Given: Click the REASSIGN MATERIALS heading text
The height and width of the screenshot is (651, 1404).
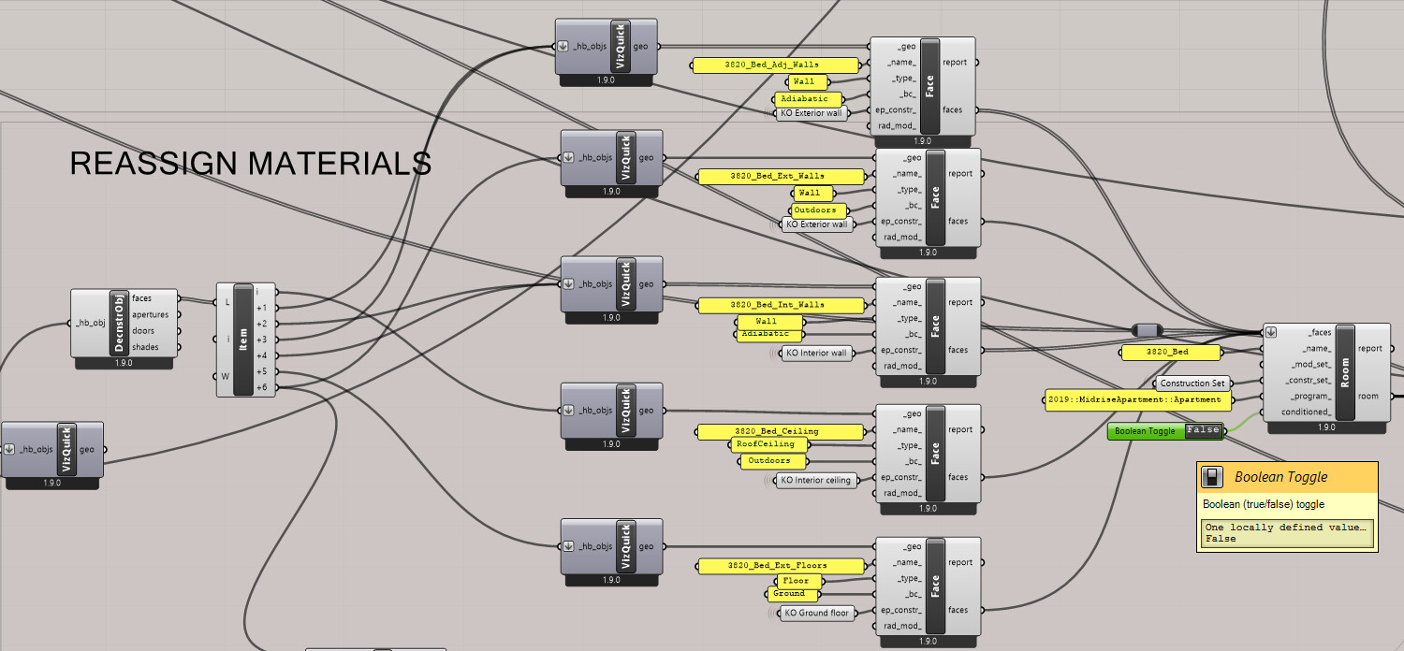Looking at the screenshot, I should [251, 164].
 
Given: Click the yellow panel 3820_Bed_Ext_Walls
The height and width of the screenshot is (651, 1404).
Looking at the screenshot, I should [780, 176].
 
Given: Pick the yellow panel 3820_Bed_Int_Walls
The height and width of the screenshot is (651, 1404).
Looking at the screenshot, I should [780, 305].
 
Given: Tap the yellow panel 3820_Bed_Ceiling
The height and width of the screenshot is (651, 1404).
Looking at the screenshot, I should [780, 431].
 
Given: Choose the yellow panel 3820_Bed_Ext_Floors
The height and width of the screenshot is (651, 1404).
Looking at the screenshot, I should [780, 565].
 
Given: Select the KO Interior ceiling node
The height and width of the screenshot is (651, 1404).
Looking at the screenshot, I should [815, 480].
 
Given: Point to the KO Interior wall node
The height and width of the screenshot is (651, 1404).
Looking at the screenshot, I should [815, 354].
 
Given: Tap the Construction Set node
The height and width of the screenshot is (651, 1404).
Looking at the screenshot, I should [1192, 383].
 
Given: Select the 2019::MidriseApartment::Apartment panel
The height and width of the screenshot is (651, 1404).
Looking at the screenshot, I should [1136, 400].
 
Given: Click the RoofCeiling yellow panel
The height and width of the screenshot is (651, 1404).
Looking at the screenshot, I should [765, 445].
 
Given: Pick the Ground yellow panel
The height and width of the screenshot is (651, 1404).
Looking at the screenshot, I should [789, 594].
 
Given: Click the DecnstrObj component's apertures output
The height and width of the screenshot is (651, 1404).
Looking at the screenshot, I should [150, 315].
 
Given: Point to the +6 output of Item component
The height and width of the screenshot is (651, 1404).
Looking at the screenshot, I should [261, 387].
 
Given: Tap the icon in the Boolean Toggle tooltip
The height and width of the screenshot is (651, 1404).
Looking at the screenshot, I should [1212, 477].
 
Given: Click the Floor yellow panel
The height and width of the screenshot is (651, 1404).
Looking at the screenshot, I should [796, 581].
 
